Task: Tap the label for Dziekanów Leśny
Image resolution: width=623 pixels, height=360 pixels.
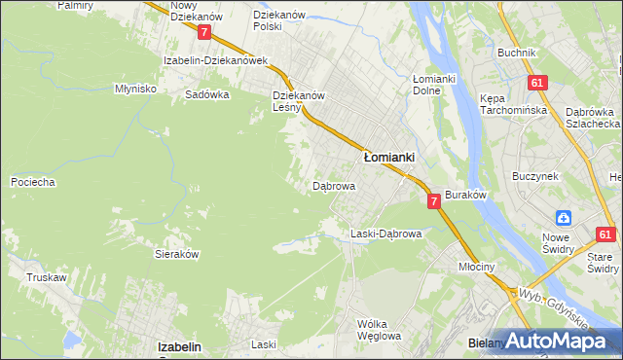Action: (298, 101)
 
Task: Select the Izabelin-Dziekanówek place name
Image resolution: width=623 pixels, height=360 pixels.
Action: (215, 60)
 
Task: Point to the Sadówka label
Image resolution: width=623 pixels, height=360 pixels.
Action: (206, 95)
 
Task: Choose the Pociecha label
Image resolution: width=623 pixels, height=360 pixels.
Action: (32, 182)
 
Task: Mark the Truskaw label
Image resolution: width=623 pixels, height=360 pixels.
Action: (46, 277)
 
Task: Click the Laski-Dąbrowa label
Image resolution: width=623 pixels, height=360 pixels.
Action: (385, 234)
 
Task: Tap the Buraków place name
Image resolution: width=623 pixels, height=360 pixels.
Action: (465, 195)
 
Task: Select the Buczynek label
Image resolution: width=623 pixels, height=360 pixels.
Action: (534, 176)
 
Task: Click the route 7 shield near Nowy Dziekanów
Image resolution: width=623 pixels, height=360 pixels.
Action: (204, 32)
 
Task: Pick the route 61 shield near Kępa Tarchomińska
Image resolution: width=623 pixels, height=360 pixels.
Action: (536, 84)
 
